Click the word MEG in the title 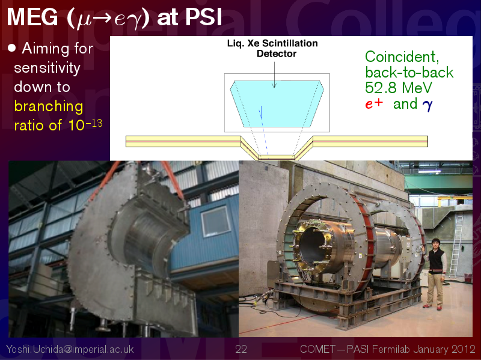point(32,17)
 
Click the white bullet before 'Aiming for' point(11,48)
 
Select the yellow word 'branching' point(49,106)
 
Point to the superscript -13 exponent point(94,123)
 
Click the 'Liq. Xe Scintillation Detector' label point(272,49)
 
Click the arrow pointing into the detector point(275,75)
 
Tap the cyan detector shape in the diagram point(277,103)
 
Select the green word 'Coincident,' point(402,57)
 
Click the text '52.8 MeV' point(399,88)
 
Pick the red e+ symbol point(374,103)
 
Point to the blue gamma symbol point(427,105)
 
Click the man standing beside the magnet point(435,273)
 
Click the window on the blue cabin point(215,221)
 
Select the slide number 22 point(241,349)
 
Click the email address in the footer point(70,349)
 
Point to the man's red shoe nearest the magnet point(426,305)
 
